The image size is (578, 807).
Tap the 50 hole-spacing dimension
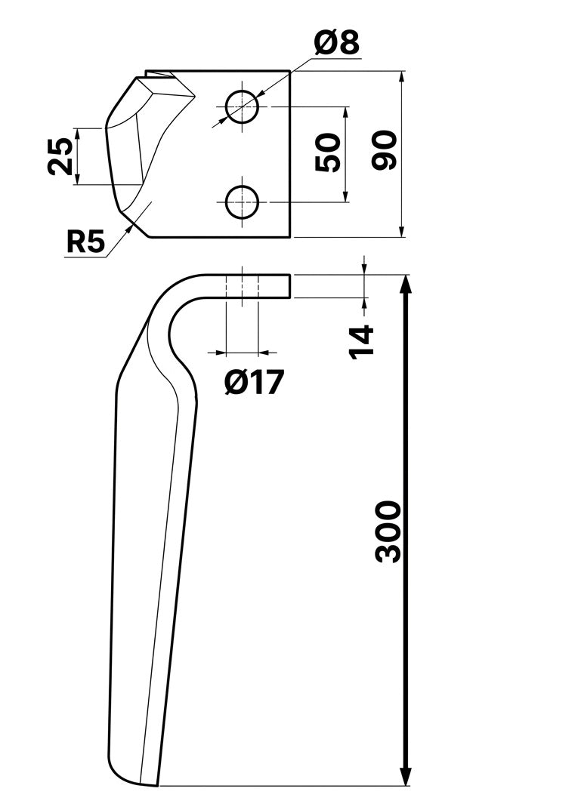pyautogui.click(x=329, y=152)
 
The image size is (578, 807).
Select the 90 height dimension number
pyautogui.click(x=385, y=150)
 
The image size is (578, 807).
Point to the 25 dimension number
pyautogui.click(x=60, y=156)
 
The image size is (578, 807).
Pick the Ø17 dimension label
pyautogui.click(x=254, y=383)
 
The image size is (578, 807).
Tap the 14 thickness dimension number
pyautogui.click(x=361, y=341)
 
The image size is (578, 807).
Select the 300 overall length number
pyautogui.click(x=388, y=531)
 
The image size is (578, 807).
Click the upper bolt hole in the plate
pyautogui.click(x=242, y=106)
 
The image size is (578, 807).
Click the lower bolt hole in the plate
pyautogui.click(x=242, y=202)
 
